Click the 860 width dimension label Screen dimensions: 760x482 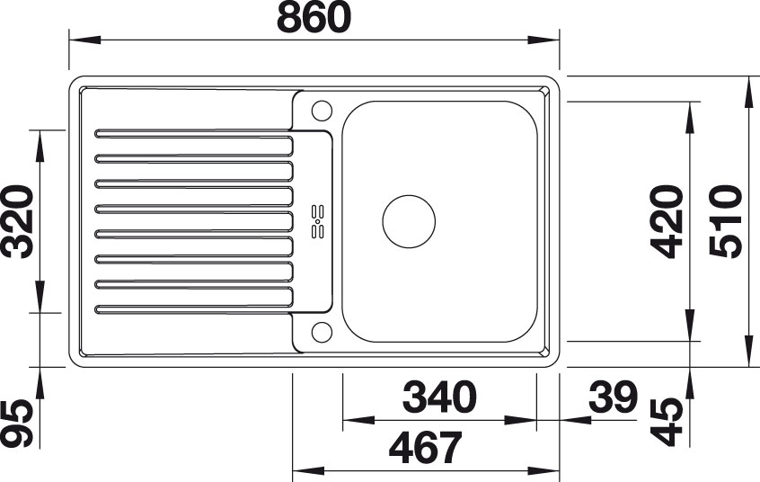pos(314,17)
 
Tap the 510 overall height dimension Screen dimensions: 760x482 pos(725,221)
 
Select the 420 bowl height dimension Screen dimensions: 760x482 pos(667,221)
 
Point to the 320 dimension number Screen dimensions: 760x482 pos(17,221)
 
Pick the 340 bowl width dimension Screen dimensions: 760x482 pos(439,397)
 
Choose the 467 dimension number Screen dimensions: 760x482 pos(426,448)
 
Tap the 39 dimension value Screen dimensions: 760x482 pos(612,397)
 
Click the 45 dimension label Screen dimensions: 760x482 pos(667,422)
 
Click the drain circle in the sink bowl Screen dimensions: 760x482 pos(409,221)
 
